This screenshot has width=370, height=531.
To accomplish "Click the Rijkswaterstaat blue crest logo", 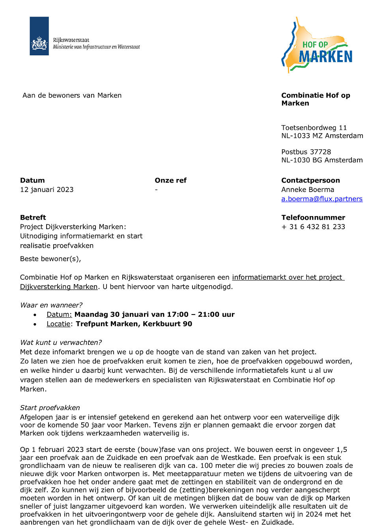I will tap(39, 36).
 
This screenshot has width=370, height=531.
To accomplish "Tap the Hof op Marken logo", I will tap(317, 46).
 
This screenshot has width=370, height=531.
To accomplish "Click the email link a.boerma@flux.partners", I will tap(321, 199).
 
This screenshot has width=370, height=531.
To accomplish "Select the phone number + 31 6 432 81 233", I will tap(313, 227).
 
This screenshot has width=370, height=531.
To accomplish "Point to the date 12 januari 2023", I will tap(47, 190).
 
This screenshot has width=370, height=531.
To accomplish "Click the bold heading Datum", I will tap(32, 181).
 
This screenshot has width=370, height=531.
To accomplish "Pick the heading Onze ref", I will tap(170, 181).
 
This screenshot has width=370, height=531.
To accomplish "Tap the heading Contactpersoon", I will tap(310, 181).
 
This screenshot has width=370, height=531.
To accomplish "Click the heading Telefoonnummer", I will tap(313, 218).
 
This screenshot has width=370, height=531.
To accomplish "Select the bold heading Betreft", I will tap(33, 218).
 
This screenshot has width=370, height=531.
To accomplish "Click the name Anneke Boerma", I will tap(307, 190).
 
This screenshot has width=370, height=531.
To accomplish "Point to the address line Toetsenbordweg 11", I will tap(314, 128).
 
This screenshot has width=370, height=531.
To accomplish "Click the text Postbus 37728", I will tap(306, 152).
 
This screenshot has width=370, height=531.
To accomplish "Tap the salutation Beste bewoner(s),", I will tap(50, 259).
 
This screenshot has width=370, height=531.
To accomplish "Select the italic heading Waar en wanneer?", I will tap(51, 305).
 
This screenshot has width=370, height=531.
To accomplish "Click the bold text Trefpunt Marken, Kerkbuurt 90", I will tap(134, 324).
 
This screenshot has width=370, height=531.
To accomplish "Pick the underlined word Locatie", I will tap(58, 324).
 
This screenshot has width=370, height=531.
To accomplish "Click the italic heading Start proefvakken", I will tap(50, 408).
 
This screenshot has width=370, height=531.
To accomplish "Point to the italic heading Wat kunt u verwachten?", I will tap(61, 343).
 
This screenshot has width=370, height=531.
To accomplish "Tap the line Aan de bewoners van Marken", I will tap(72, 96).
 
